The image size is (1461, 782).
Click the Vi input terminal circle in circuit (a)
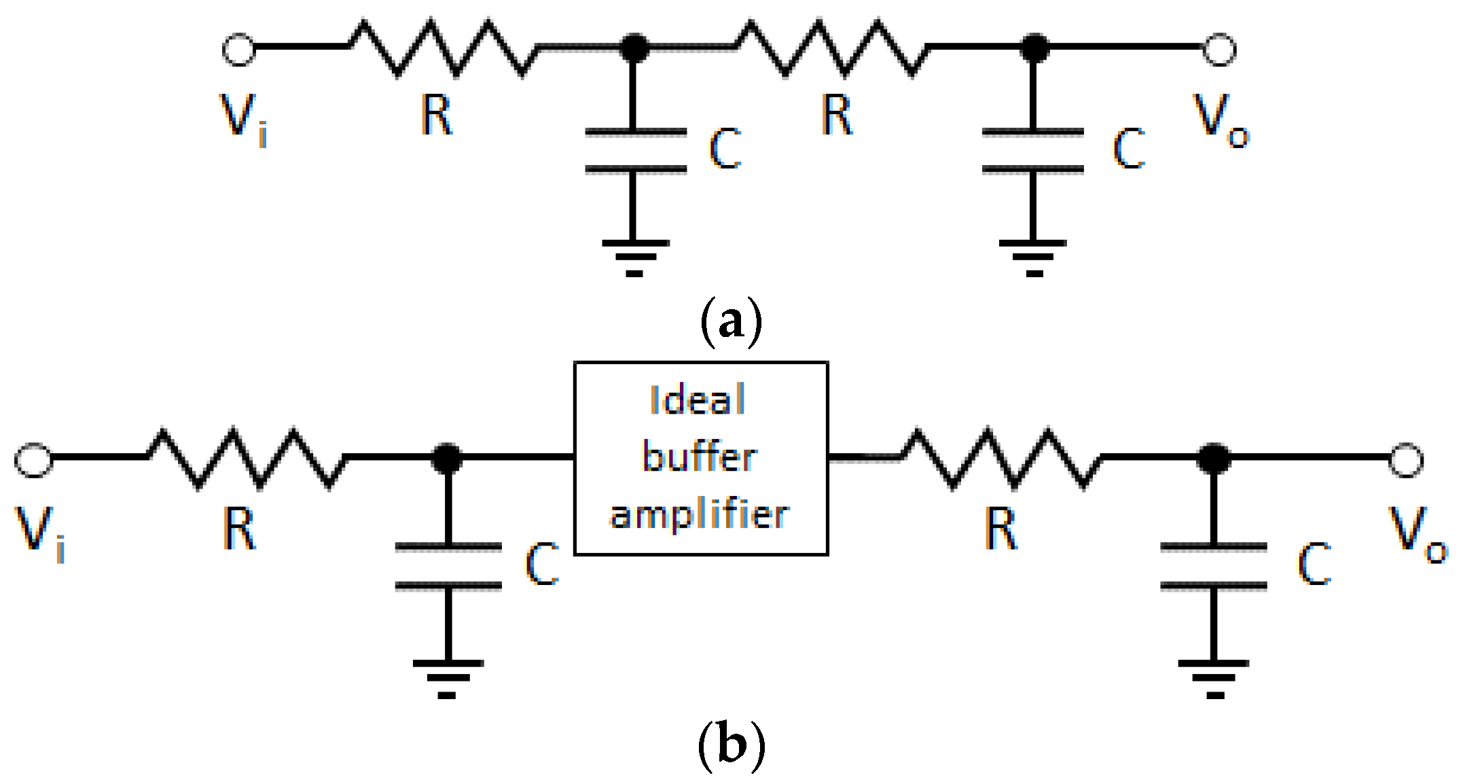coord(239,50)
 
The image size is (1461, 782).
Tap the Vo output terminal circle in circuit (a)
coord(1219,50)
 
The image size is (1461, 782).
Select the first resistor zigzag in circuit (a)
coord(444,48)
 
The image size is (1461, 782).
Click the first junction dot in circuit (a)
coord(634,48)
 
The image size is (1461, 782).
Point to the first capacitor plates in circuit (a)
coord(636,151)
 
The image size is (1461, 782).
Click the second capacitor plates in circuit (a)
coord(1033,151)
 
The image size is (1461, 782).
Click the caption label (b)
coord(731,745)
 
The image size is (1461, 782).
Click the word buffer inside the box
coord(700,457)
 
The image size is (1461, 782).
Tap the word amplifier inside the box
coord(700,515)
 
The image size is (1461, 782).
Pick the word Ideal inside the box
coord(698,399)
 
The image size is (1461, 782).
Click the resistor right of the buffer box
coord(1001,458)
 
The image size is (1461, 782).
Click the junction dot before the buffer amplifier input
coord(447,458)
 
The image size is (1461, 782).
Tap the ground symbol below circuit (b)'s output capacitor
coord(1214,679)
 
